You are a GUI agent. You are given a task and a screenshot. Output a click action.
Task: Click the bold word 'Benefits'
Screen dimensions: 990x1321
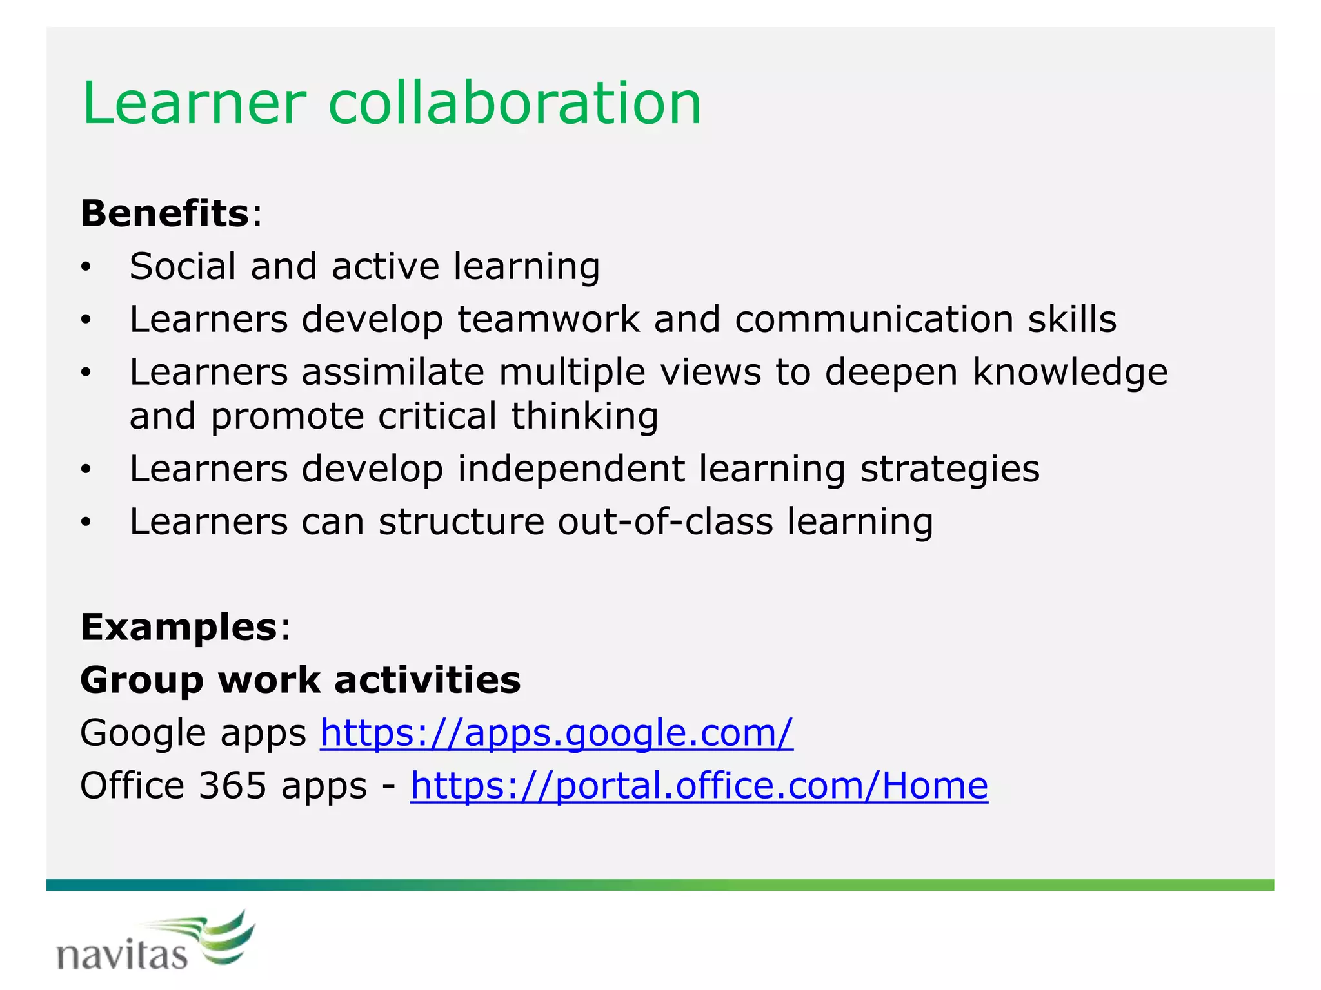pyautogui.click(x=164, y=213)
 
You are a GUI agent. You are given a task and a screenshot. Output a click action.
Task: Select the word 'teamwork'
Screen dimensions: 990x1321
pyautogui.click(x=548, y=319)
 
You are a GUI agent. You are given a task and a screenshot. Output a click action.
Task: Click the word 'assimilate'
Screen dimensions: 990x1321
pyautogui.click(x=393, y=372)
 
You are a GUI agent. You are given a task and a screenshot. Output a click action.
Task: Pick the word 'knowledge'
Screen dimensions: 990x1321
pyautogui.click(x=1070, y=373)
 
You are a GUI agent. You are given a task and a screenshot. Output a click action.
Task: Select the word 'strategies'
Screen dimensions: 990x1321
pyautogui.click(x=950, y=470)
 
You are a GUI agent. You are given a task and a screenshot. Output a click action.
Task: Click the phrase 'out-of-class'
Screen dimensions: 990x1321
pyautogui.click(x=665, y=521)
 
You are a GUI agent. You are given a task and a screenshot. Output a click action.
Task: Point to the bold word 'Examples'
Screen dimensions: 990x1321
pyautogui.click(x=179, y=627)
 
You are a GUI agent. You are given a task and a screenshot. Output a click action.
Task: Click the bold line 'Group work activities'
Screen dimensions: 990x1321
pyautogui.click(x=300, y=680)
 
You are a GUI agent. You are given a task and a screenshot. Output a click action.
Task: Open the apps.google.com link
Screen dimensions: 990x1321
pyautogui.click(x=557, y=733)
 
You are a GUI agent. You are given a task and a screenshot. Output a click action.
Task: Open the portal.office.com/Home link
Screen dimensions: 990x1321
pyautogui.click(x=699, y=786)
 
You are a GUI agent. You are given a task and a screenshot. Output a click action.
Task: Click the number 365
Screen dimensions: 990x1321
pyautogui.click(x=232, y=786)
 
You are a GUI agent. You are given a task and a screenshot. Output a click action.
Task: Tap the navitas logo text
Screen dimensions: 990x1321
pyautogui.click(x=122, y=955)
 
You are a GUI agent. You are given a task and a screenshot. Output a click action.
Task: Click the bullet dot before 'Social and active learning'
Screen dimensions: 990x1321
pyautogui.click(x=86, y=267)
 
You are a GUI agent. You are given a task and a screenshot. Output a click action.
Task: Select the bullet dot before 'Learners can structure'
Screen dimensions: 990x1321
pyautogui.click(x=86, y=523)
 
